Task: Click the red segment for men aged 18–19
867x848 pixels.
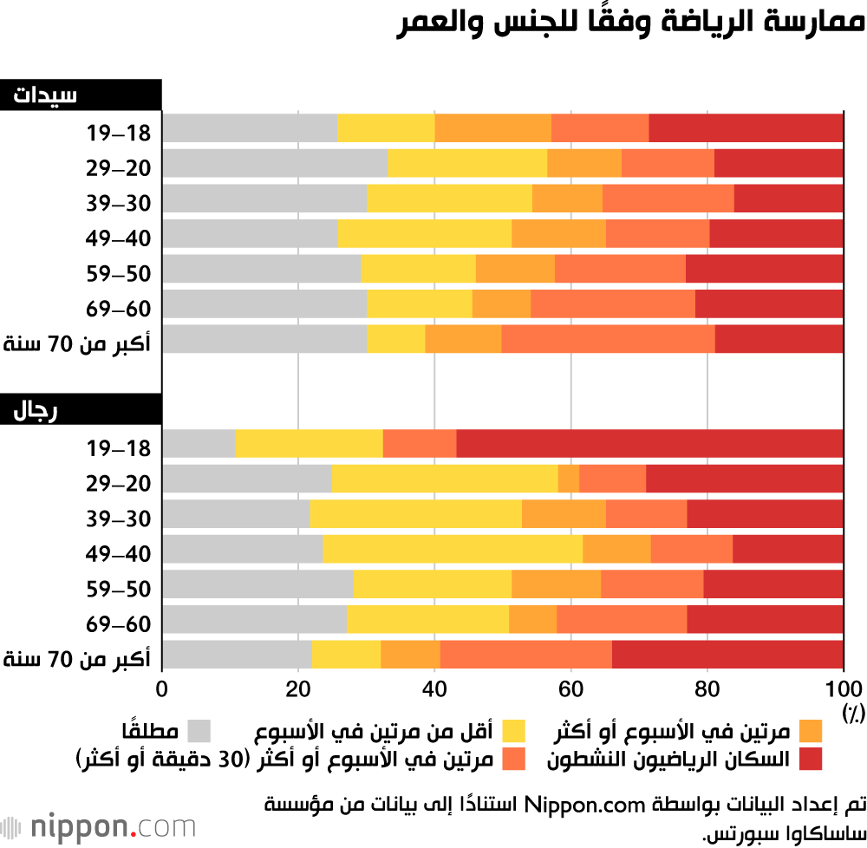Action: [x=649, y=444]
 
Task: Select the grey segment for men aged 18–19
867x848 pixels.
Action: [x=199, y=444]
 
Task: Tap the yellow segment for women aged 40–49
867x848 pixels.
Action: [x=424, y=233]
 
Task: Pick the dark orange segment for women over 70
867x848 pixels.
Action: [x=608, y=339]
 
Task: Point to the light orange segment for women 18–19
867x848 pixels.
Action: [x=492, y=127]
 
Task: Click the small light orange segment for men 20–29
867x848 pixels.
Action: [x=569, y=479]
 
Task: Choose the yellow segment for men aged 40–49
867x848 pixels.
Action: [x=453, y=550]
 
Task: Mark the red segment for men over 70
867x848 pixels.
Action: [x=727, y=656]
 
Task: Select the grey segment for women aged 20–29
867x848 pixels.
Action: [x=275, y=163]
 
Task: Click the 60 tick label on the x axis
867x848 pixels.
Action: [x=570, y=690]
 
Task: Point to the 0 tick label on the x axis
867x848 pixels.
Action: [x=162, y=690]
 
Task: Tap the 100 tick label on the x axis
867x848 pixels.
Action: [x=844, y=690]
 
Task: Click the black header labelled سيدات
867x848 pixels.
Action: [x=81, y=95]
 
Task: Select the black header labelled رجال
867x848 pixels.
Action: [x=81, y=409]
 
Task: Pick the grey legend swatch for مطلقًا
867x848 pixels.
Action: [x=199, y=731]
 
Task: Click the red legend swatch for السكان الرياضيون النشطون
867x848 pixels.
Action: [x=810, y=760]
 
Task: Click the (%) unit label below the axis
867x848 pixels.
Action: [x=853, y=713]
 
